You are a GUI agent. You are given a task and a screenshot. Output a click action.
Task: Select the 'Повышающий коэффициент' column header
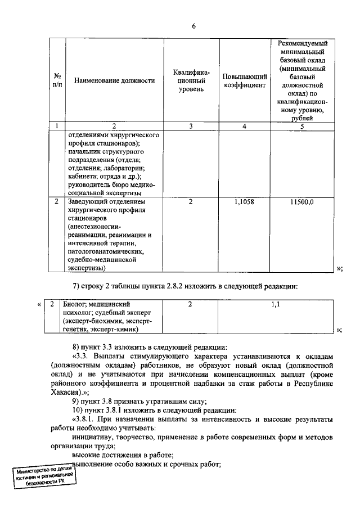pos(244,80)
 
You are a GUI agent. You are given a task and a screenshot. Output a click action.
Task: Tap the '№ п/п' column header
pos(57,80)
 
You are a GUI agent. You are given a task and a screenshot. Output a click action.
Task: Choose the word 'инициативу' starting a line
pos(90,437)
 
